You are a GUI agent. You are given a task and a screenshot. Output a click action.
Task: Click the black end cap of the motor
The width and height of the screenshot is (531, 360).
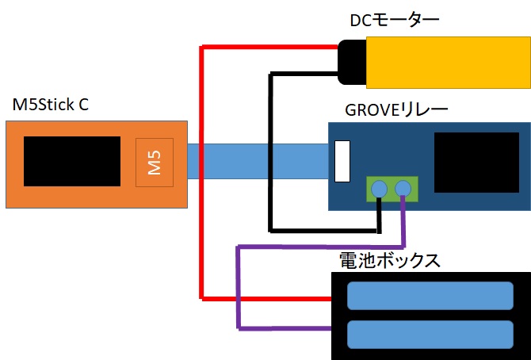coord(350,61)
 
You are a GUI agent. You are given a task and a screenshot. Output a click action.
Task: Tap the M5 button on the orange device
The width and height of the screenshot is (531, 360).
coord(154,163)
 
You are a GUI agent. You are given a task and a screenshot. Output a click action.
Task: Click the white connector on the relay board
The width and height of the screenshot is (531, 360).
coord(342,161)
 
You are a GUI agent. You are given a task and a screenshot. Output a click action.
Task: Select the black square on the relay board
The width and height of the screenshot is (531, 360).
coord(472,162)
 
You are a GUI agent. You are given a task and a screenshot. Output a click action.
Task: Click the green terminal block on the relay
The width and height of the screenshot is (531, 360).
coord(392,188)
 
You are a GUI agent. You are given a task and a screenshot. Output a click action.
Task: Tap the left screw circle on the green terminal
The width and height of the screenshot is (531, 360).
coord(380,188)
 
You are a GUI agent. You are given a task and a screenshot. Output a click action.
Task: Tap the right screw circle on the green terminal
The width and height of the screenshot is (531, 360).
coord(403,188)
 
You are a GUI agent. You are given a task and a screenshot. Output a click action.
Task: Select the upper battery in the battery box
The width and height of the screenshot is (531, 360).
coord(430,296)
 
